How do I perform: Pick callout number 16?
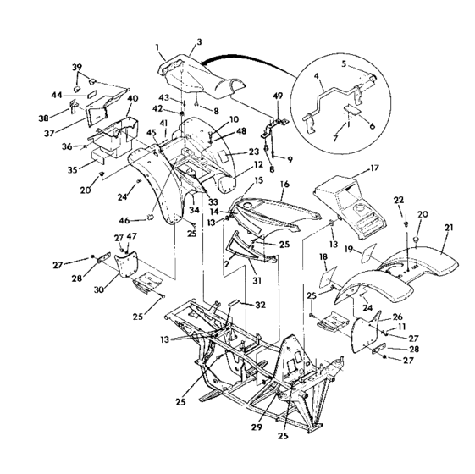tap(285, 183)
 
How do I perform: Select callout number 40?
tap(132, 98)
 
